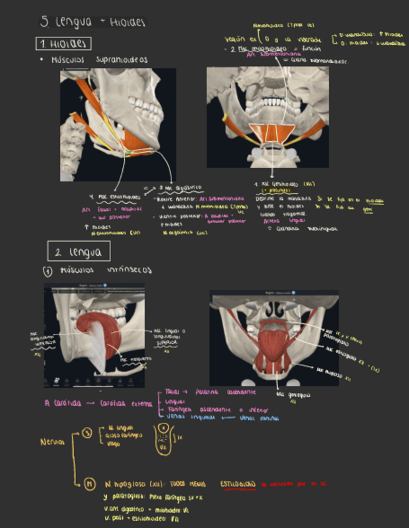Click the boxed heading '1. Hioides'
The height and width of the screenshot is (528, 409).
[x=64, y=44]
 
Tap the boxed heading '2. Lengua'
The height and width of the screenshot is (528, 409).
[x=79, y=252]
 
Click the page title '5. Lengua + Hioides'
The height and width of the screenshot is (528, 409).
[x=92, y=22]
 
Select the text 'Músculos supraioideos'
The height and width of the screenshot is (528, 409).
[x=99, y=60]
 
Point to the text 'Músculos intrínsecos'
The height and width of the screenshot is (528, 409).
[x=106, y=271]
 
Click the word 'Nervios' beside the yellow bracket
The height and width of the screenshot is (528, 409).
[x=52, y=441]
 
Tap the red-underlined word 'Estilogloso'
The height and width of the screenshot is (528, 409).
[x=237, y=484]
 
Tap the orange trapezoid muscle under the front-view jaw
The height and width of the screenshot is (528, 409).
[x=271, y=133]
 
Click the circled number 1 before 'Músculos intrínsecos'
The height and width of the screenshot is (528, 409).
[x=47, y=271]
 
